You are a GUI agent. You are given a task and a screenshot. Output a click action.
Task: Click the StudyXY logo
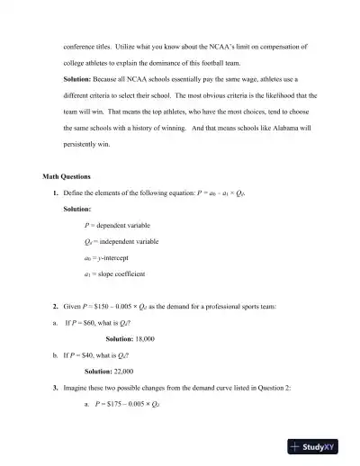(318, 447)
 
